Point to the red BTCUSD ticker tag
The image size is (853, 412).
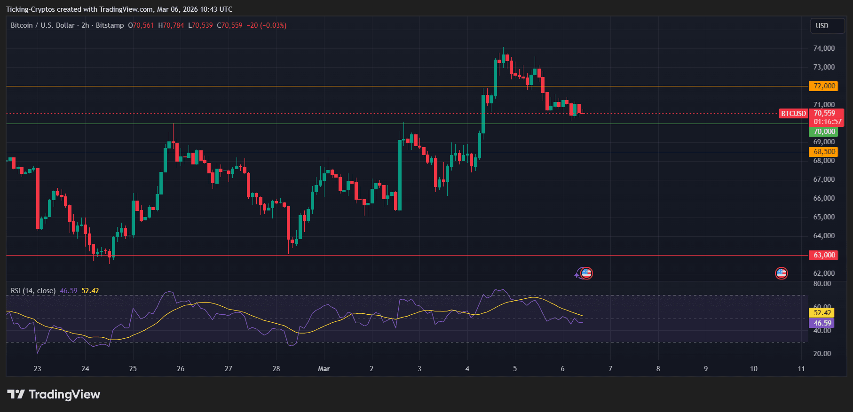click(793, 114)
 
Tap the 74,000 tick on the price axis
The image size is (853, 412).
click(824, 48)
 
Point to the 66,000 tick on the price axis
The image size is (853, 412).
click(824, 198)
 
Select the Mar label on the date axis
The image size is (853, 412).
click(324, 369)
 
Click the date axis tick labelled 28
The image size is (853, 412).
click(276, 369)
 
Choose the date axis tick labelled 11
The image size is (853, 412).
click(801, 369)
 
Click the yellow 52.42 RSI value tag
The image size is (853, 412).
click(822, 313)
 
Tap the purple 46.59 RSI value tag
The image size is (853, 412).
click(822, 323)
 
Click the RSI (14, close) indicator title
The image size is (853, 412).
click(33, 291)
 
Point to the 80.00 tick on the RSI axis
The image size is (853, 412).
click(822, 284)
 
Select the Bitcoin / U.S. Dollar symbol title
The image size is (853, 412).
click(42, 25)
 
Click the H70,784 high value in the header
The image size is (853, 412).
click(171, 25)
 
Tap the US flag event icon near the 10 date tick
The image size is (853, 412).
click(781, 273)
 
